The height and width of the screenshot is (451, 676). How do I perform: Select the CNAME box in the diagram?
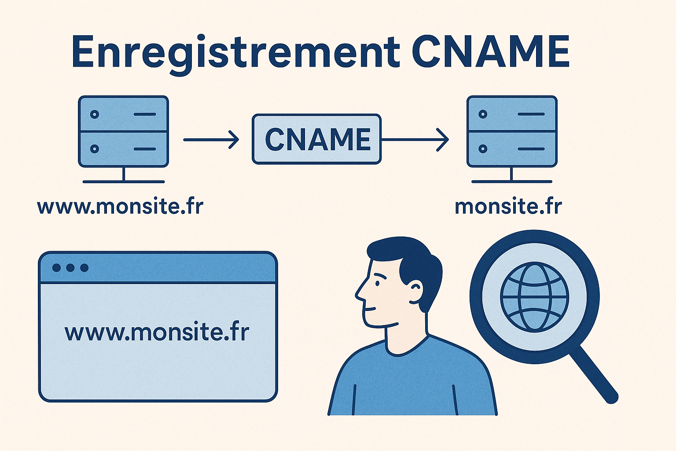pos(316,139)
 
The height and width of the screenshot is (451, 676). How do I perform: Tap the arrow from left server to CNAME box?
pos(211,140)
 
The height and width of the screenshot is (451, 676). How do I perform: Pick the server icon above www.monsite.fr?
pos(123,132)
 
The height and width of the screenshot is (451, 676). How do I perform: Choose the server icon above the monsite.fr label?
pos(512,132)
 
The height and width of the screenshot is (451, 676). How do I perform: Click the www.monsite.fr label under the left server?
pos(120,207)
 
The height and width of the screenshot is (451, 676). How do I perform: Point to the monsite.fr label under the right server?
pos(508,207)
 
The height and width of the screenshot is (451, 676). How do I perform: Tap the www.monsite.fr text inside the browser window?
pos(157,332)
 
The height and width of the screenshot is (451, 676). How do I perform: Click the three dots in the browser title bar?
pos(70,268)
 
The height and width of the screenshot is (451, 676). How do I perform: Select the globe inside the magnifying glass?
pos(534,297)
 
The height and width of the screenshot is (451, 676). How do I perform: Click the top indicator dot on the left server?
pos(94,115)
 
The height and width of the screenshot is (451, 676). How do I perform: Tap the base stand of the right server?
pos(511,181)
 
